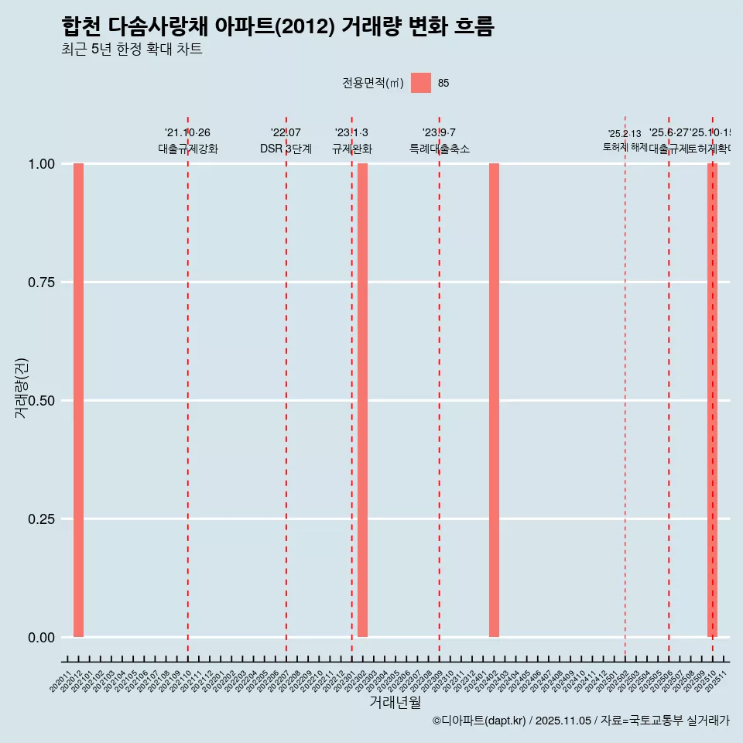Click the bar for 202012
pos(78,400)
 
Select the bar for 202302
pos(362,400)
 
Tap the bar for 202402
pos(494,400)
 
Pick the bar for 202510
pos(712,400)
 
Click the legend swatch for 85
pos(421,83)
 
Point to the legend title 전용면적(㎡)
pos(372,84)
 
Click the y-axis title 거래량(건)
pos(22,388)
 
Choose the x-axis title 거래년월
pos(395,702)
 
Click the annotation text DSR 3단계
pos(286,149)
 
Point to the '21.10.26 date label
pos(187,133)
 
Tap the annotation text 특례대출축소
pos(440,149)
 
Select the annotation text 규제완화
pos(352,149)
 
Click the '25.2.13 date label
pos(624,134)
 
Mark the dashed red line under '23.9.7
pos(440,387)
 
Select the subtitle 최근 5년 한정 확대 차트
pos(132,50)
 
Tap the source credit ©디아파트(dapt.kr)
pos(479,721)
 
